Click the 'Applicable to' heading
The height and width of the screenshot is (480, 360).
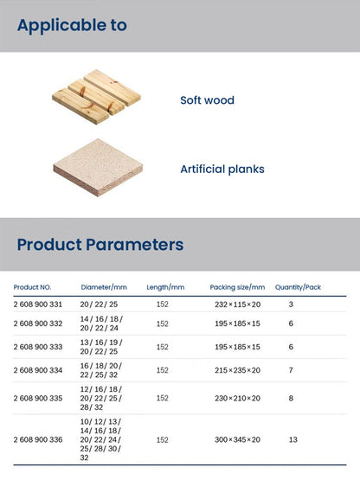[x=72, y=26]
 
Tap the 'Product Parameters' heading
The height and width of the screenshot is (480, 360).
[x=100, y=245]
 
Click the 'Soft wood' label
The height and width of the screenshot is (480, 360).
[x=207, y=100]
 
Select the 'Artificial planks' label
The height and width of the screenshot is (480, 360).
[x=222, y=169]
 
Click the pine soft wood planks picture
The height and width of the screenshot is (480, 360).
[x=96, y=97]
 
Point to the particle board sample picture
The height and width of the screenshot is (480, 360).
[x=98, y=167]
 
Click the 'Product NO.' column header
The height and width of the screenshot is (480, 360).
[x=32, y=287]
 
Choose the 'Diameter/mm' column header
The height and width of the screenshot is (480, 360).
[x=104, y=287]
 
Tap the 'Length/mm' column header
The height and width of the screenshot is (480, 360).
[x=165, y=287]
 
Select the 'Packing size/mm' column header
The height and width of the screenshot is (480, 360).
[x=237, y=287]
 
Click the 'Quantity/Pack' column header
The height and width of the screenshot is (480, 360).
[x=298, y=287]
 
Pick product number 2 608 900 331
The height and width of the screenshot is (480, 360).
[x=38, y=304]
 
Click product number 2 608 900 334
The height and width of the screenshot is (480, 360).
[x=38, y=370]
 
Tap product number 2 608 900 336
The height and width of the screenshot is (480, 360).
[x=38, y=439]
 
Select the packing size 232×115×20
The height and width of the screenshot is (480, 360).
[x=237, y=304]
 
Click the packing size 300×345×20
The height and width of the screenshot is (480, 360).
[x=237, y=439]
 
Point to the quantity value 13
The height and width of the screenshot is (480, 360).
[x=292, y=439]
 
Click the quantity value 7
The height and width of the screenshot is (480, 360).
[x=291, y=370]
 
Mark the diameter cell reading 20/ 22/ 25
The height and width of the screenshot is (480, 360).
[x=99, y=304]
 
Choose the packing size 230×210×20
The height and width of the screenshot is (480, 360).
[x=237, y=398]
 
